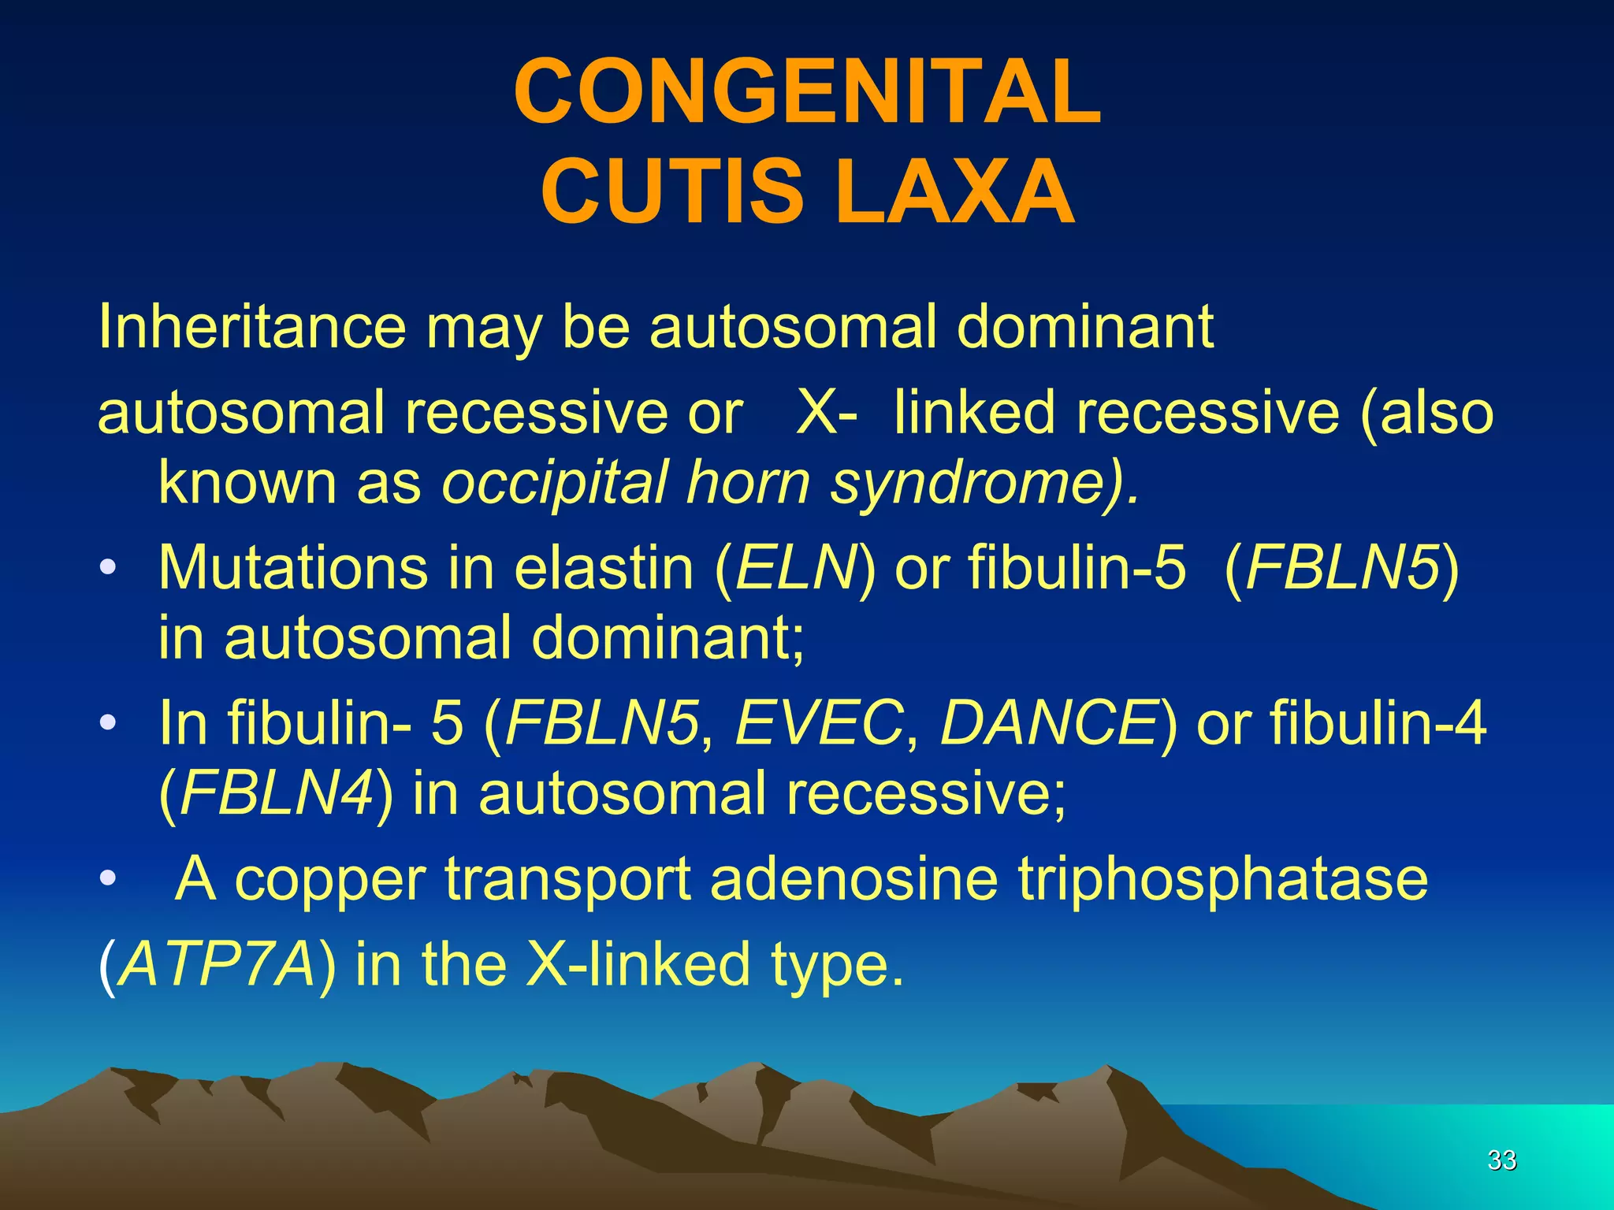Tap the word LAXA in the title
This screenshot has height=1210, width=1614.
click(954, 192)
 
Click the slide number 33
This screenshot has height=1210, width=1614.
click(1501, 1160)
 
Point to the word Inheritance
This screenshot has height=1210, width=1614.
click(251, 327)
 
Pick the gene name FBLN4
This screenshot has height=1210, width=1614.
click(277, 792)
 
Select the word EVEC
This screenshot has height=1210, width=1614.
click(819, 722)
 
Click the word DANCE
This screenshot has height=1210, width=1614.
click(1048, 722)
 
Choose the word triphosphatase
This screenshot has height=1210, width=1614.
click(1222, 879)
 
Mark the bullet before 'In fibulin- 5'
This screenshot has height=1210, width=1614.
click(109, 722)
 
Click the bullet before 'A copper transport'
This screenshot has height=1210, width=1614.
click(109, 878)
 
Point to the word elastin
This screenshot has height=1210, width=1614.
click(604, 566)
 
